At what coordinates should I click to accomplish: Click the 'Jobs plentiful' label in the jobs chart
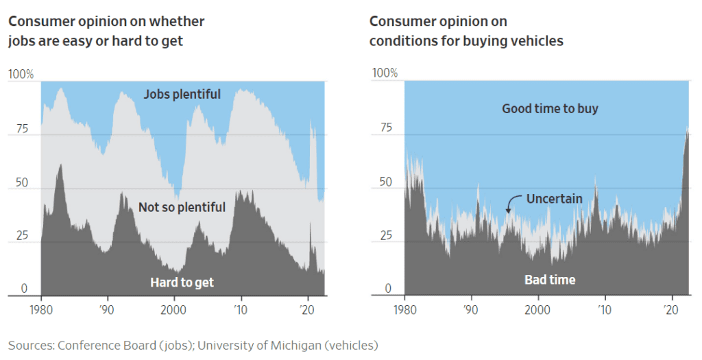tap(182, 94)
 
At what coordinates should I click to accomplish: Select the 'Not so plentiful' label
tap(182, 207)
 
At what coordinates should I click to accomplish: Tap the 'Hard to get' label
tap(182, 283)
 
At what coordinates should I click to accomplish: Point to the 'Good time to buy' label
tap(550, 108)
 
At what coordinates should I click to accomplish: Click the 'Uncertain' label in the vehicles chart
tap(554, 199)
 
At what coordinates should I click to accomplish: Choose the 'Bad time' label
tap(550, 280)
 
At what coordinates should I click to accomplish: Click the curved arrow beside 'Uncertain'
tap(511, 204)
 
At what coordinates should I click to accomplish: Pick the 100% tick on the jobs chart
tap(21, 73)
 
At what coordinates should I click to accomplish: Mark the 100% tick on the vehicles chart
tap(384, 73)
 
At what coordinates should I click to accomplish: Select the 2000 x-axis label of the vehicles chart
tap(537, 309)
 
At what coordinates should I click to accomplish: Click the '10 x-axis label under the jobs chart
tap(240, 309)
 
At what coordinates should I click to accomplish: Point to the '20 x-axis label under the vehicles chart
tap(671, 309)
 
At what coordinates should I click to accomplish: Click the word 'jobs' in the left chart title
tap(21, 40)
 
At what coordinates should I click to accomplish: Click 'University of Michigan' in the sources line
tap(252, 345)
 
